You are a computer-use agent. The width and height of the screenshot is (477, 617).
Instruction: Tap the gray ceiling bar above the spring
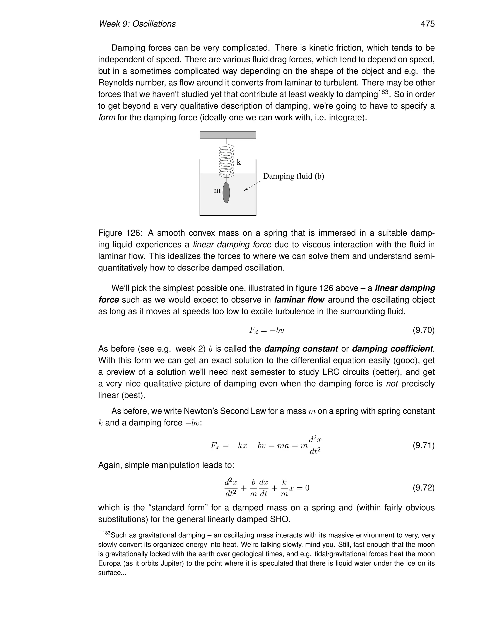point(228,135)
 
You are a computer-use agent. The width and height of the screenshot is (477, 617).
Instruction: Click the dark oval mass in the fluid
point(226,193)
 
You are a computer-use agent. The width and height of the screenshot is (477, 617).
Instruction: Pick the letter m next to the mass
point(217,190)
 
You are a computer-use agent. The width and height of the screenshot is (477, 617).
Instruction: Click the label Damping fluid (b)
point(293,176)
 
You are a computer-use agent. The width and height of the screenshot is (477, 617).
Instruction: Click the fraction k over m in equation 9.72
point(284,488)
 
